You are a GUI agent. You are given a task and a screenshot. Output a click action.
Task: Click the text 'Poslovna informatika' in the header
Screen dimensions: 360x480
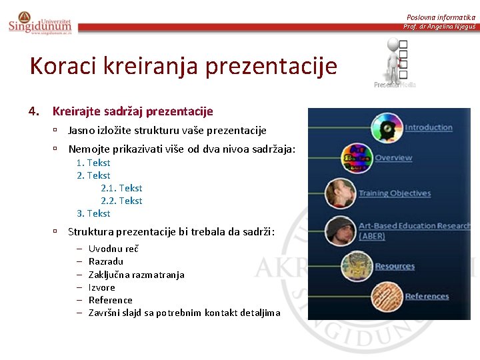[441, 17]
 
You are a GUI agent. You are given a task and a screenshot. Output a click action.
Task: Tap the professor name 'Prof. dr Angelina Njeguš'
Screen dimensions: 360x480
[439, 27]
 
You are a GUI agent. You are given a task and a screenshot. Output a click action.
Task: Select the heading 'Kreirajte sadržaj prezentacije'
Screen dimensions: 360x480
[133, 111]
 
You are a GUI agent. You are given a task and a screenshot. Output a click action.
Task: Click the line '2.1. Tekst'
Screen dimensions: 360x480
[121, 188]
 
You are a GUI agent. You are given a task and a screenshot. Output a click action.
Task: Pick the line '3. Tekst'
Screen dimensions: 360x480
[93, 213]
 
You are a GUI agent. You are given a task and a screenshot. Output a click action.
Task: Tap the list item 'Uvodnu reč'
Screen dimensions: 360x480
[113, 249]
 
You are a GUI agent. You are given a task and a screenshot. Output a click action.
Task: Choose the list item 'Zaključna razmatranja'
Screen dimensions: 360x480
[136, 275]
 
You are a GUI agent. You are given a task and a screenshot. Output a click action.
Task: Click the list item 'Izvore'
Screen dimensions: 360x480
[101, 287]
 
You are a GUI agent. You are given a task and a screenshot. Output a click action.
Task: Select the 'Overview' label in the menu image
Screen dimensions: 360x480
[393, 158]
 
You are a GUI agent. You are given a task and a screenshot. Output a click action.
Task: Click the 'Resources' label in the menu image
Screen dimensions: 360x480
[395, 266]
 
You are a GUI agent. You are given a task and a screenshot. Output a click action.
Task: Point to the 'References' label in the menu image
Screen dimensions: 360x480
[427, 296]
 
